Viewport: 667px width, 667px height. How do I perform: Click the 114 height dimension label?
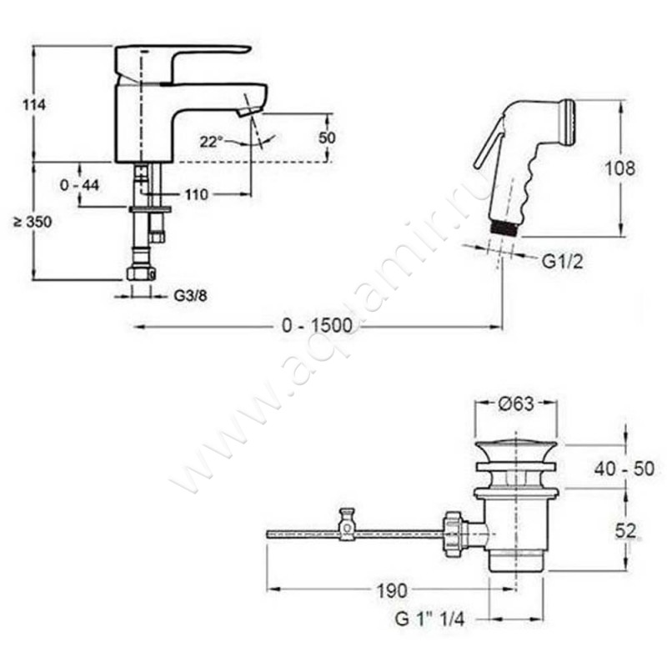[34, 105]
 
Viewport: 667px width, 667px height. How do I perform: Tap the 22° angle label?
[211, 142]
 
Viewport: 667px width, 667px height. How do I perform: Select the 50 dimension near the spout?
[327, 138]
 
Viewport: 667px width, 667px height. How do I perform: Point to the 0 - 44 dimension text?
[79, 185]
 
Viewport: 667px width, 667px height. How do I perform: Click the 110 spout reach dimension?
[197, 194]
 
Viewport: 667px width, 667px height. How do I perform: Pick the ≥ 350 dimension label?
[33, 222]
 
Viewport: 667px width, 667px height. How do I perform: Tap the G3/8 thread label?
[190, 296]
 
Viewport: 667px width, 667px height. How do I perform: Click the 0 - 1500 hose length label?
[318, 326]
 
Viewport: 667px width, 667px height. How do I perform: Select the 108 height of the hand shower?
[619, 169]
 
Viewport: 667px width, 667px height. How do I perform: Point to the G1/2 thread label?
[562, 262]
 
